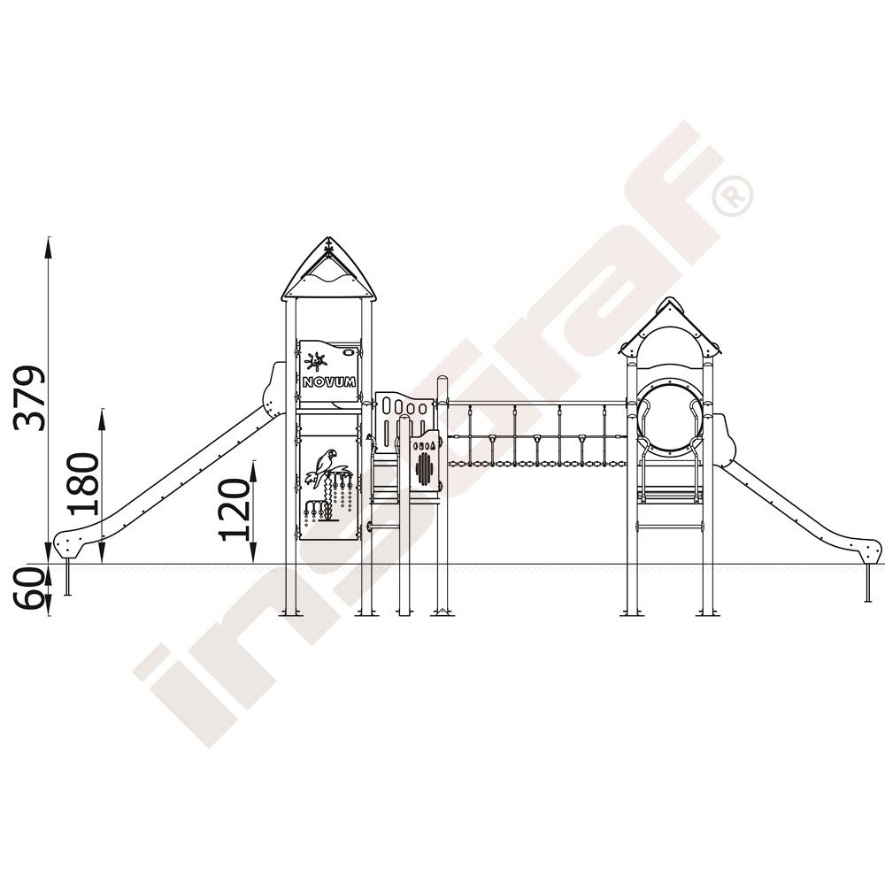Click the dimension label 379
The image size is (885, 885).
(x=29, y=398)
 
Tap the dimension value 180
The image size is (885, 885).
(x=82, y=484)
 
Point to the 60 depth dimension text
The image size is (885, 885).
(x=29, y=589)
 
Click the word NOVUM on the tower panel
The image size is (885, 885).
(x=329, y=382)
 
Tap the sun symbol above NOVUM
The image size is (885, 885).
(x=316, y=361)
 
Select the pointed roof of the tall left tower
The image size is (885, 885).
(x=328, y=270)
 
